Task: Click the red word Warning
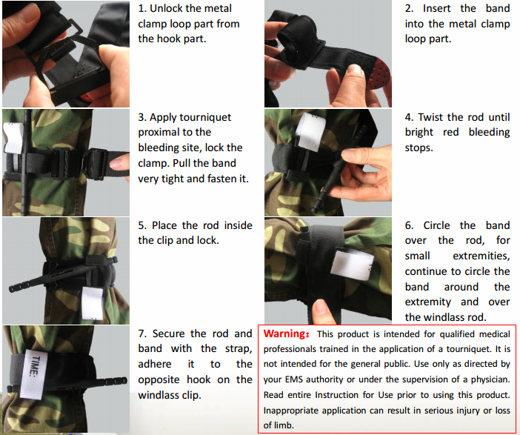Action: pos(287,334)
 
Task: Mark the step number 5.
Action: pos(141,225)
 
